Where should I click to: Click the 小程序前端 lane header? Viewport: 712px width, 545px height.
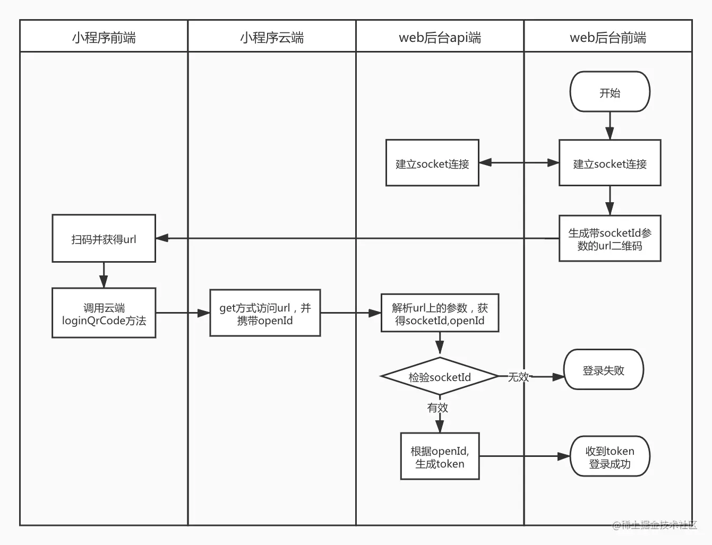tap(104, 37)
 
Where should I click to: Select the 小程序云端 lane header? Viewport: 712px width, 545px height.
tap(272, 37)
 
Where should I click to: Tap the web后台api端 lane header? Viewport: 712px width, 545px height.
tap(440, 37)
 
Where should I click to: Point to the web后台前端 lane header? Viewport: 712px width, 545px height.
tap(608, 37)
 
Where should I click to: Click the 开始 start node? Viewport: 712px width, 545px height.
tap(610, 92)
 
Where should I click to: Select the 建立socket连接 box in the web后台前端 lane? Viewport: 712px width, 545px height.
tap(610, 163)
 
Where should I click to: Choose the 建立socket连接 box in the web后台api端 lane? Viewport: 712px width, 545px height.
tap(432, 163)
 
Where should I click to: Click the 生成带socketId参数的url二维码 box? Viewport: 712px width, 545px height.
tap(610, 239)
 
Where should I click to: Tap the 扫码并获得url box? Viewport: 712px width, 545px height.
tap(104, 239)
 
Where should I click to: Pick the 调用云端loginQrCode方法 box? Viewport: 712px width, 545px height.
tap(104, 314)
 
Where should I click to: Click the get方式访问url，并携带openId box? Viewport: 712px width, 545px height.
tap(265, 314)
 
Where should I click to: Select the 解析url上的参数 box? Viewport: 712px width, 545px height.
tap(440, 314)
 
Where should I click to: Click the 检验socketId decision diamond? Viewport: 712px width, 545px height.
tap(440, 377)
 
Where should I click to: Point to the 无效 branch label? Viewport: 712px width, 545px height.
tap(518, 377)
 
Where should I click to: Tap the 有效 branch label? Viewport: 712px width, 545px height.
tap(438, 408)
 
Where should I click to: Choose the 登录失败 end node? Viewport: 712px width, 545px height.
tap(603, 370)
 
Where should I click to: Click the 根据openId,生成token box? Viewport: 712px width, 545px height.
tap(440, 457)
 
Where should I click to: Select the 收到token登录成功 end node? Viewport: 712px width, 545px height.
tap(610, 457)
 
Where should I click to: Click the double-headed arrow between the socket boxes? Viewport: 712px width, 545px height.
tap(519, 163)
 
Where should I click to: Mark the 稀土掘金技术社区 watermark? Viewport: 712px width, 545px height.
tap(654, 525)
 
